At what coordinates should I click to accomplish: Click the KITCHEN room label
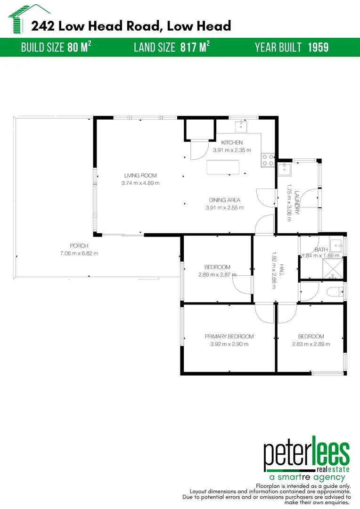[232, 143]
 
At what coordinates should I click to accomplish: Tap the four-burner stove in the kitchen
[268, 160]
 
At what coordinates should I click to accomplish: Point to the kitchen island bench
[223, 167]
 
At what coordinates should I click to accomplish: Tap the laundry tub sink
[285, 169]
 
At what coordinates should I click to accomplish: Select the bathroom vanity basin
[337, 245]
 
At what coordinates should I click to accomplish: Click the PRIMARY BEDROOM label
[229, 337]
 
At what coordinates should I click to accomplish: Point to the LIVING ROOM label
[140, 176]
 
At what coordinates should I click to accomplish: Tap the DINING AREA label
[225, 200]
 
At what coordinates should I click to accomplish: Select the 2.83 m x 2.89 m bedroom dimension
[311, 344]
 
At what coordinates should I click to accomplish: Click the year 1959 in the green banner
[318, 47]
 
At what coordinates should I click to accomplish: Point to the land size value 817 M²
[195, 47]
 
